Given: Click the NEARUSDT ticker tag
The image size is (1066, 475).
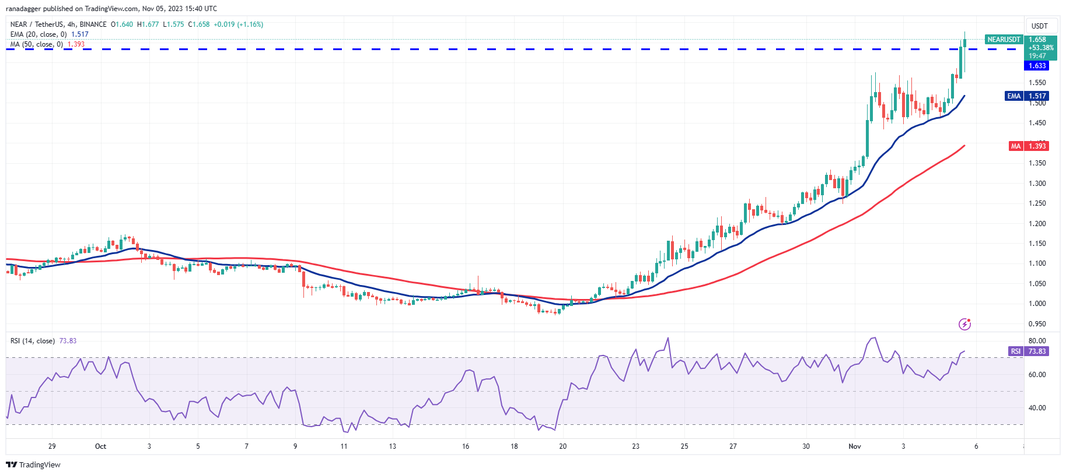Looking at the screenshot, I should (x=1004, y=40).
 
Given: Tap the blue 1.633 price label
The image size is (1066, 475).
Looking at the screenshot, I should (x=1037, y=66).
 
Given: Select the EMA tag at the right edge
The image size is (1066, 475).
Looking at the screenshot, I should (x=1014, y=96).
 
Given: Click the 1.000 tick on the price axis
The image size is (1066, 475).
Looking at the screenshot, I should (x=1037, y=304).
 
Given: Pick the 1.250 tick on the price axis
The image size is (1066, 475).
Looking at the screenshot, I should (x=1037, y=203).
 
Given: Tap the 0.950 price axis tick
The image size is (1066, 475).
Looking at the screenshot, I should (x=1037, y=324).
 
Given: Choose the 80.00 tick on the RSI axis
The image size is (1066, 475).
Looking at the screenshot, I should (x=1037, y=341).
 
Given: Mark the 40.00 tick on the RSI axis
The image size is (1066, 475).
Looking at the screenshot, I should (x=1037, y=408).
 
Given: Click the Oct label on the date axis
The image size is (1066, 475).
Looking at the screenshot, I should (x=100, y=446).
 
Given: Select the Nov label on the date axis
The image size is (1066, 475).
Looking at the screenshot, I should (x=855, y=446).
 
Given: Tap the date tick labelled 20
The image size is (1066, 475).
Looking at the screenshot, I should (x=562, y=446).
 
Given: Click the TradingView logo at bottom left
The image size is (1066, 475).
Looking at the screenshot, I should (x=33, y=465).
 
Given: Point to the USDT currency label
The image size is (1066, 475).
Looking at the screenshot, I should (x=1039, y=26).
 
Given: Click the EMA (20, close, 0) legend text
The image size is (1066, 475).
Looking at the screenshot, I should (x=39, y=34).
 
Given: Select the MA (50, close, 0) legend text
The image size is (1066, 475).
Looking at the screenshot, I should (x=37, y=44).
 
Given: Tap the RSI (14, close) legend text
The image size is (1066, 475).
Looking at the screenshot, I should (x=33, y=341).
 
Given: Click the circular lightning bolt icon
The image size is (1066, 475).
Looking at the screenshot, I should (x=964, y=324).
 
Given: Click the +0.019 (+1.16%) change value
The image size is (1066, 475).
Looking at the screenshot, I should (x=238, y=24).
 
